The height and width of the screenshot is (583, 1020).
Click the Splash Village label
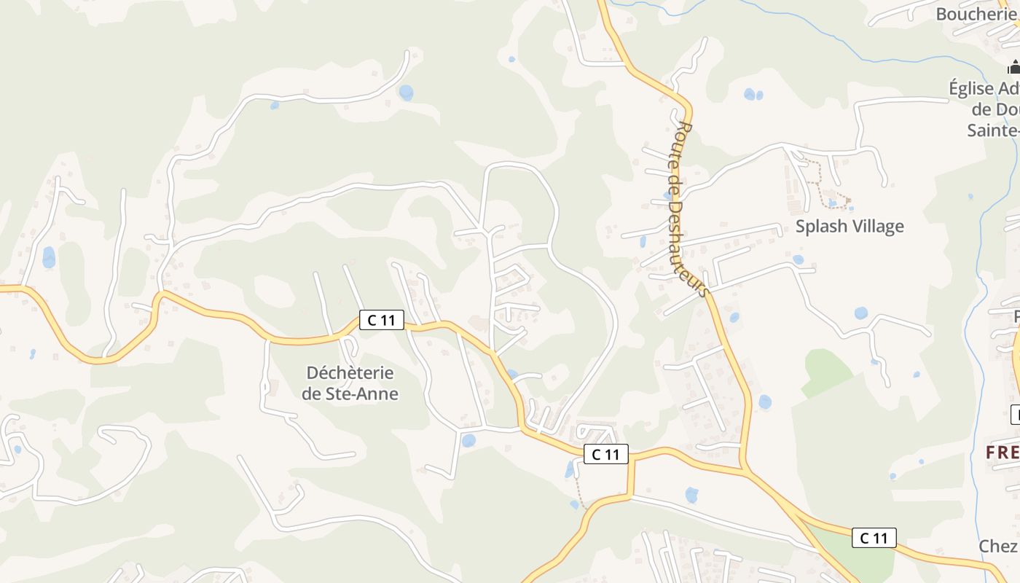(850, 226)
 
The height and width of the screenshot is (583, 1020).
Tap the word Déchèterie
(350, 373)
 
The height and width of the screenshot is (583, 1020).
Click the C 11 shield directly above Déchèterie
(381, 319)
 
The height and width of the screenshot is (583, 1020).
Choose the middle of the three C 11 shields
(605, 454)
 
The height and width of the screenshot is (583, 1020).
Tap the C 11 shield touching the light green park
(874, 538)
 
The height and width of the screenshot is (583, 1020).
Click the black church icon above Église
(1013, 69)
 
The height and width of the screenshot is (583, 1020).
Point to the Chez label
(998, 546)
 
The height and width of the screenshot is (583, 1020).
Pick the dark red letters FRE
(1002, 453)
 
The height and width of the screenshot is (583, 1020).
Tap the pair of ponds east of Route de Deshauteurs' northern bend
(753, 94)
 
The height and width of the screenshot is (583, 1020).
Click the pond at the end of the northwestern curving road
(406, 93)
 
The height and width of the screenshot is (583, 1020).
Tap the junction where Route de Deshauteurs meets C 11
(743, 466)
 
